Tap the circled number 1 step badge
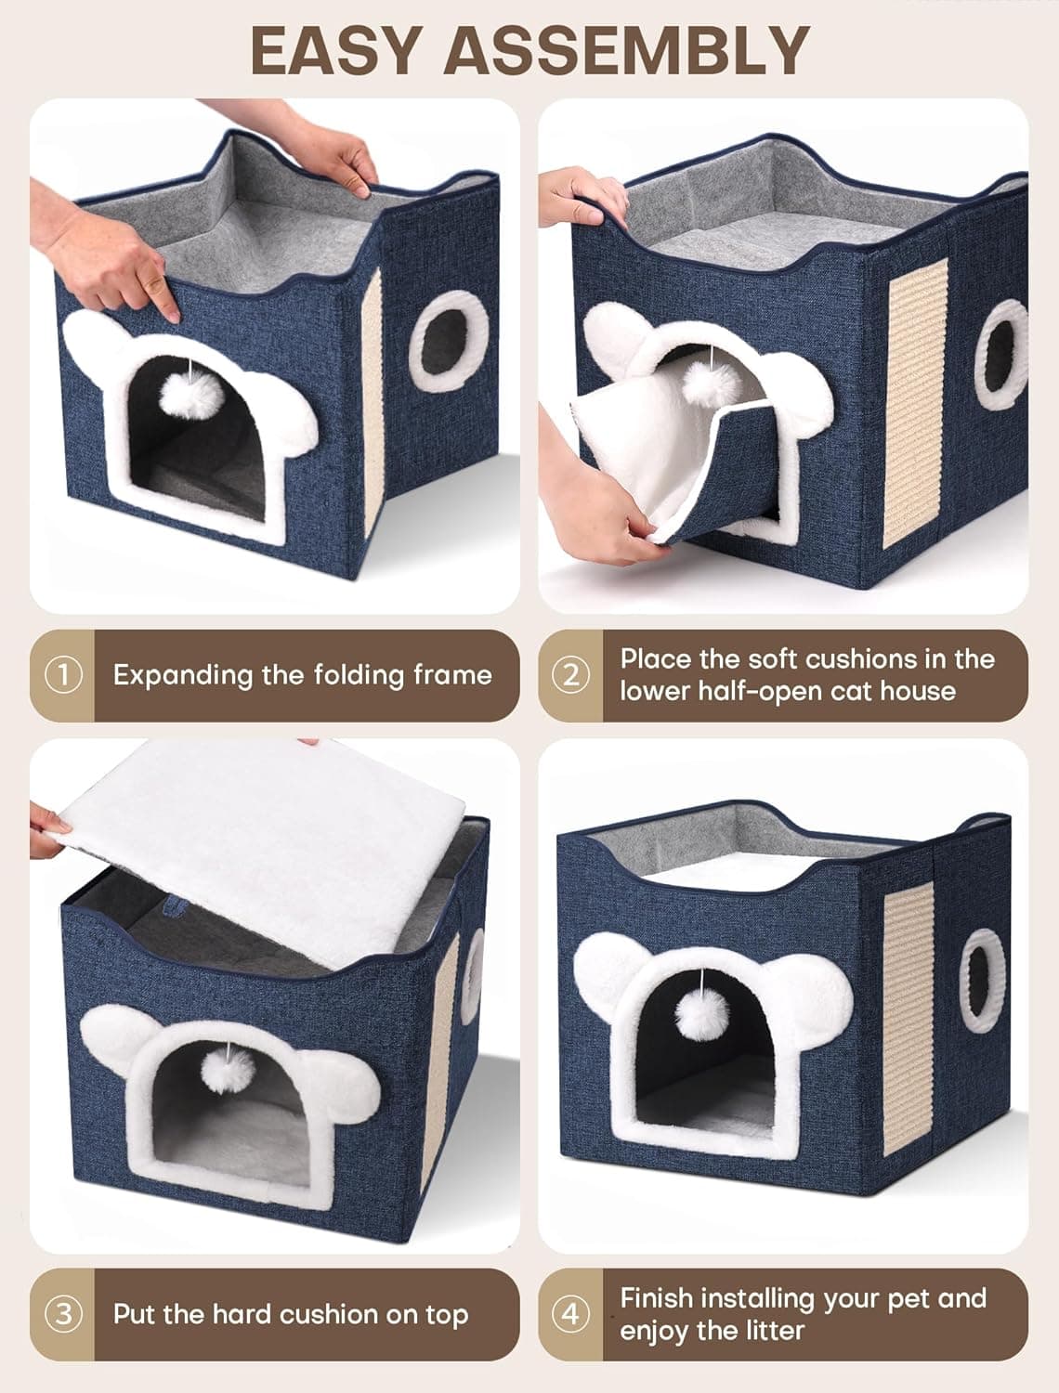pyautogui.click(x=63, y=675)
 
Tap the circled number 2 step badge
pyautogui.click(x=571, y=675)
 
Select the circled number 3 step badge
pyautogui.click(x=63, y=1314)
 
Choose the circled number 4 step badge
pyautogui.click(x=571, y=1314)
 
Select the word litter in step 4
pyautogui.click(x=767, y=1331)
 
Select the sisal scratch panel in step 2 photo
pyautogui.click(x=917, y=401)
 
